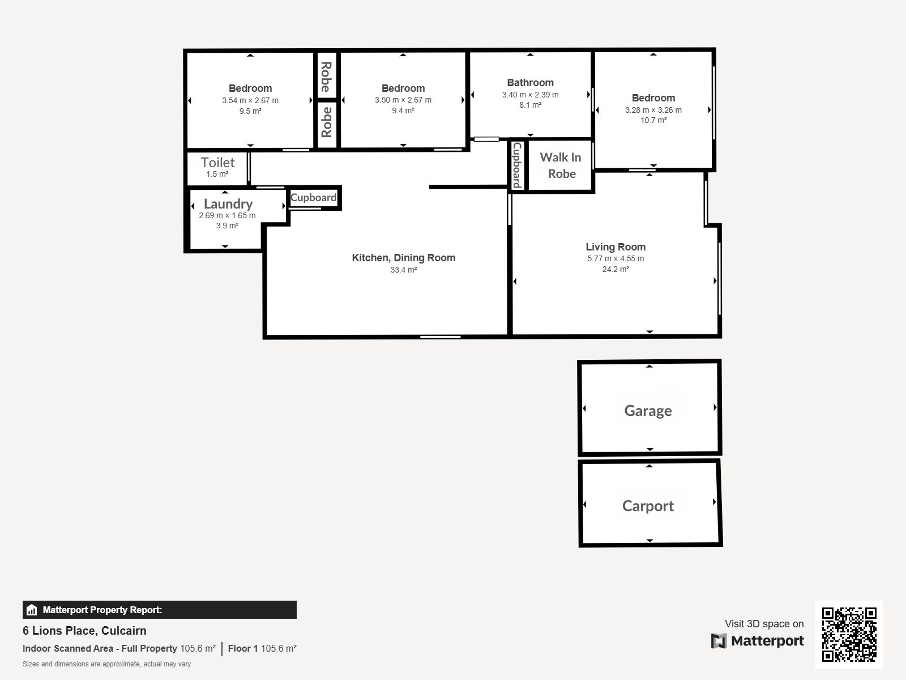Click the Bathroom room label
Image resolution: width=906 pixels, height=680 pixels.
530,83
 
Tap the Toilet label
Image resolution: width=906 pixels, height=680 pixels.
217,162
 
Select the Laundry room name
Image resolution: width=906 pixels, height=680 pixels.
228,204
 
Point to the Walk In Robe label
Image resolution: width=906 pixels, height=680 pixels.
561,165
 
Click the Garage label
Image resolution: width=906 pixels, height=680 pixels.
648,410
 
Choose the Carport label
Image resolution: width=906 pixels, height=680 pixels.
648,506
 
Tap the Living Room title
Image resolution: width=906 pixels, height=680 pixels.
616,247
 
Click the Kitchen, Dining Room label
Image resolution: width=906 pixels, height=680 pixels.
404,258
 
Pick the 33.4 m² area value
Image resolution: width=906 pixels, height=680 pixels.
404,270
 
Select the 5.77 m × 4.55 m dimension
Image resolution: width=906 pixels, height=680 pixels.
616,258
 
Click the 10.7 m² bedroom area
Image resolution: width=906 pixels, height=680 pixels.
653,120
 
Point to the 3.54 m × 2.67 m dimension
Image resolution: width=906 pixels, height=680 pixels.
250,100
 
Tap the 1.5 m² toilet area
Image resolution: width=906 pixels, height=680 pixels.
217,174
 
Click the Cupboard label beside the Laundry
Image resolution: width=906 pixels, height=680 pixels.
314,197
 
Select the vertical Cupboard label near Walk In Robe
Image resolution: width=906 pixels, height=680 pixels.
517,165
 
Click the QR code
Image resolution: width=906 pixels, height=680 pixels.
849,634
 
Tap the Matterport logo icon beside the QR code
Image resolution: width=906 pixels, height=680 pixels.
719,641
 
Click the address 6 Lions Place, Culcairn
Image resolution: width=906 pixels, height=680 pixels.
84,631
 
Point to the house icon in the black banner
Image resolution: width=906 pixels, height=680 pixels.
32,610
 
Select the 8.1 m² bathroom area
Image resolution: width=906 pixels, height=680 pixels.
531,105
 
